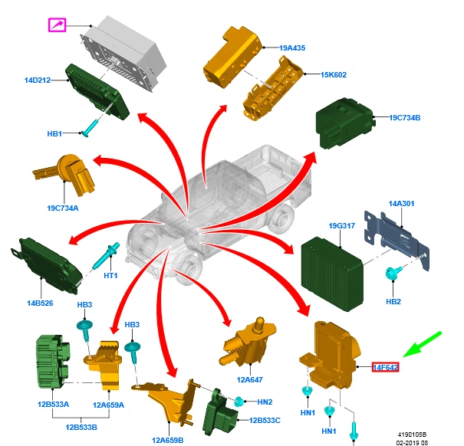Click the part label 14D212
tap(37, 80)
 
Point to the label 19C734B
tap(405, 118)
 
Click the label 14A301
tap(401, 204)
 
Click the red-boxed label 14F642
tap(385, 368)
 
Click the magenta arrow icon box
tap(57, 25)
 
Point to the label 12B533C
tap(265, 420)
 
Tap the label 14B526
tap(39, 303)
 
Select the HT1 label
tap(110, 276)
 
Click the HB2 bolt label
tap(393, 302)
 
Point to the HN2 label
tap(265, 402)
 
